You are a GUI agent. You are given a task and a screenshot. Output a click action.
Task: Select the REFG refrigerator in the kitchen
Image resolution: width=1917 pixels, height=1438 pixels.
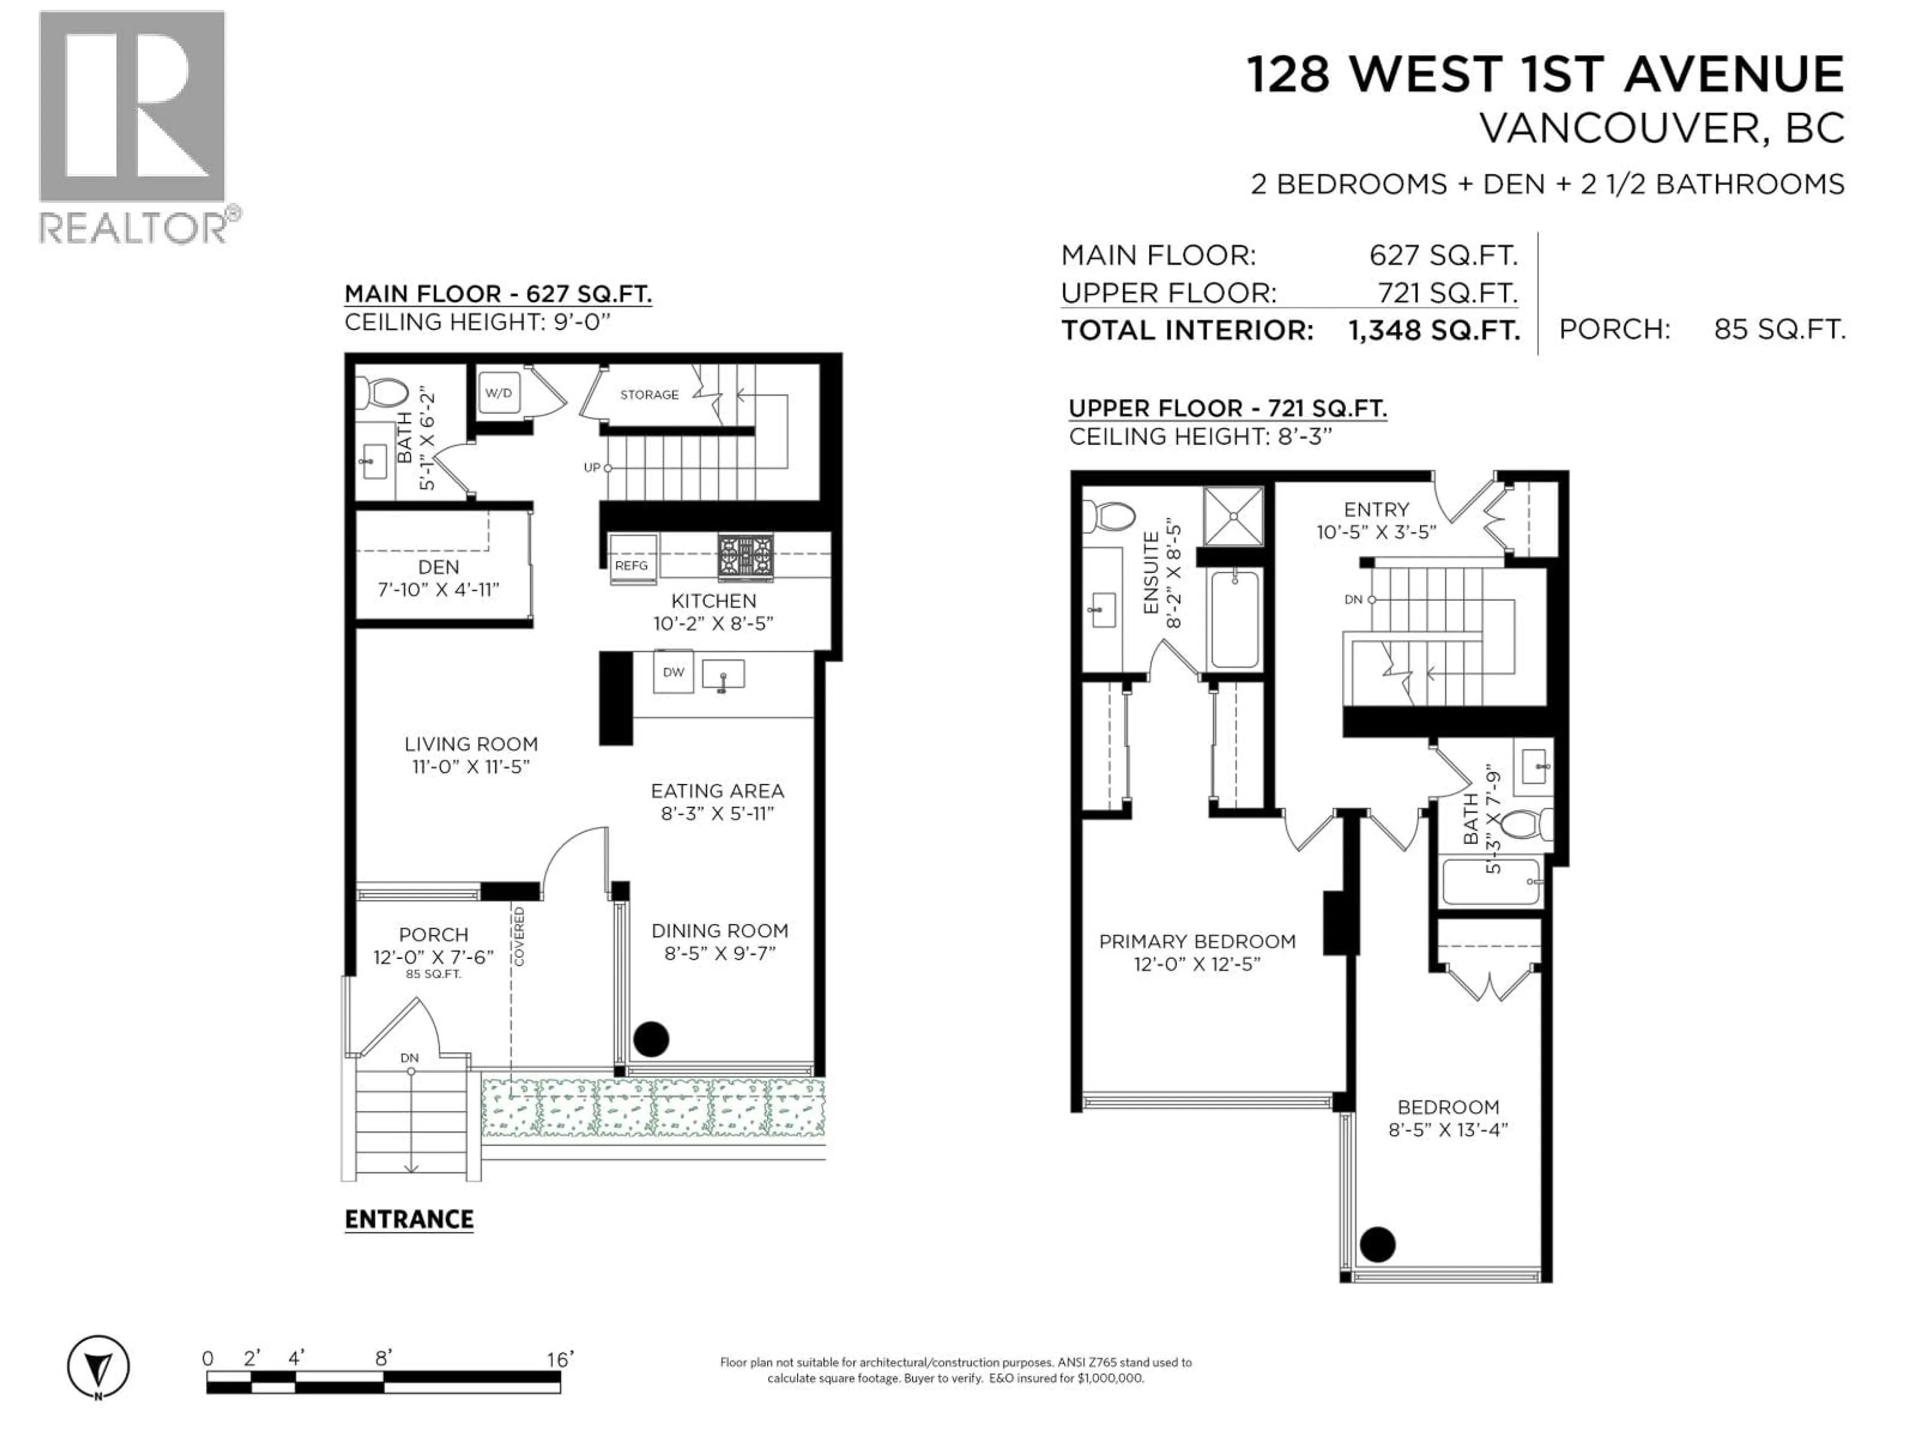click(632, 560)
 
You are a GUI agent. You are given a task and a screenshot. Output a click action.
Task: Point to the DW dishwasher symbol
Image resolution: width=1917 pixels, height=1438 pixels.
click(673, 672)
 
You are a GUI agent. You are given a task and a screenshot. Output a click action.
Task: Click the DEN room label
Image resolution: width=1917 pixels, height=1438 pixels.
click(438, 567)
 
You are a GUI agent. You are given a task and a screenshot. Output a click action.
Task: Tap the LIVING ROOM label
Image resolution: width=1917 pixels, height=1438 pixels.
click(471, 743)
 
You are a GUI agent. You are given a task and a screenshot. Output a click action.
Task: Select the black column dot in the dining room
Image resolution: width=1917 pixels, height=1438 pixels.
click(651, 1039)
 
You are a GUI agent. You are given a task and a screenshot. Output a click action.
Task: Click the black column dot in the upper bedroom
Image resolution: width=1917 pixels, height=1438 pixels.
click(1377, 1245)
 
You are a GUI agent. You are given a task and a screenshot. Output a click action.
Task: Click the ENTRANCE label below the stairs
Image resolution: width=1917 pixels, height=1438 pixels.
click(409, 1220)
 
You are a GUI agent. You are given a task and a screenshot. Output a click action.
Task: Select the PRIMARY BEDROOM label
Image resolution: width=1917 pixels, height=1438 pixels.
click(1197, 941)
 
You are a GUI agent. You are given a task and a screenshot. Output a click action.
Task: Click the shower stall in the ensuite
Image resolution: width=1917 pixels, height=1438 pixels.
click(1233, 517)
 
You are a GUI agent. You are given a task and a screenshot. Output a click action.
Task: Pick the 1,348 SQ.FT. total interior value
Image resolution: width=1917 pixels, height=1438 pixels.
click(1433, 330)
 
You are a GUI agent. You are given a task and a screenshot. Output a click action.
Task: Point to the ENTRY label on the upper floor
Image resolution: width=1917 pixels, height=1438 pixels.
click(1376, 510)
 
